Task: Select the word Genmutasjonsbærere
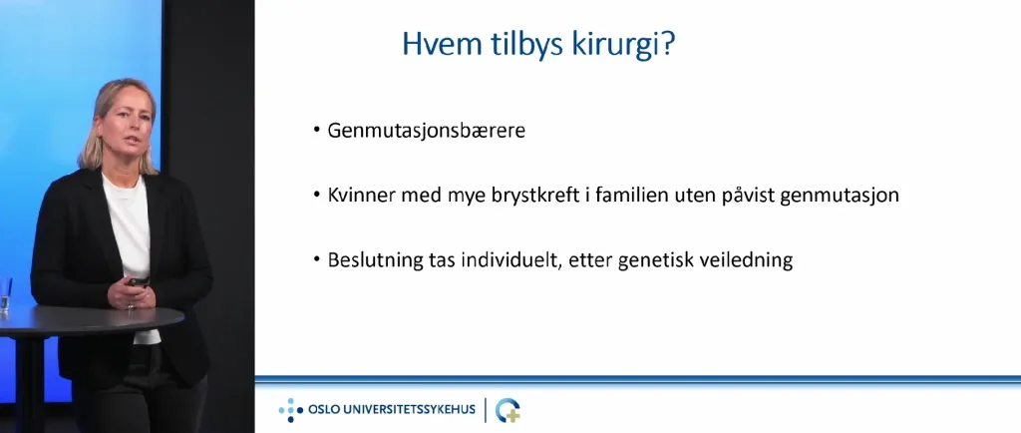pyautogui.click(x=427, y=131)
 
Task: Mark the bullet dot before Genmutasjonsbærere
pyautogui.click(x=316, y=131)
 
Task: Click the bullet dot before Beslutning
pyautogui.click(x=316, y=259)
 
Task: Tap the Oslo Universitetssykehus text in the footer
pyautogui.click(x=391, y=410)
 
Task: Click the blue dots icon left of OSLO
pyautogui.click(x=291, y=410)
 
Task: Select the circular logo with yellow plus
pyautogui.click(x=508, y=410)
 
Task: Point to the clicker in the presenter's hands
pyautogui.click(x=138, y=281)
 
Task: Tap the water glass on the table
pyautogui.click(x=5, y=294)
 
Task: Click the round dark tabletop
pyautogui.click(x=91, y=320)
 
